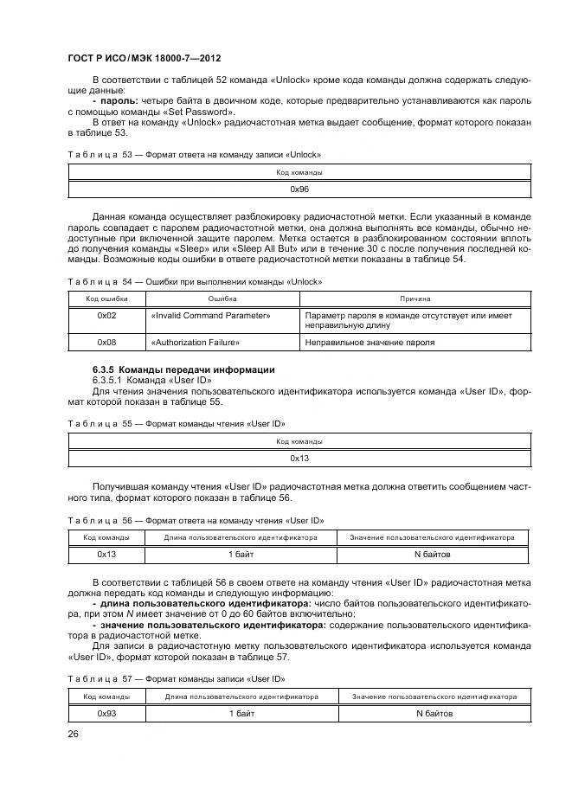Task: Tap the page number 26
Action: coord(74,734)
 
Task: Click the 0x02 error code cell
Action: coord(106,316)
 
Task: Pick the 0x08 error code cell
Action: coord(106,343)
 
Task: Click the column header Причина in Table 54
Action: coord(415,299)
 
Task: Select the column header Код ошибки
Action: coord(106,299)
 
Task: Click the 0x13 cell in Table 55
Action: coord(299,459)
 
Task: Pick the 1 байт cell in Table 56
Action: coord(241,554)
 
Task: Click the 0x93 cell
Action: coord(106,714)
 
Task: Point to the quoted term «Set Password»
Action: coord(204,112)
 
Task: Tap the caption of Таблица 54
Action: coord(195,281)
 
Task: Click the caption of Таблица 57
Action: coord(176,678)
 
